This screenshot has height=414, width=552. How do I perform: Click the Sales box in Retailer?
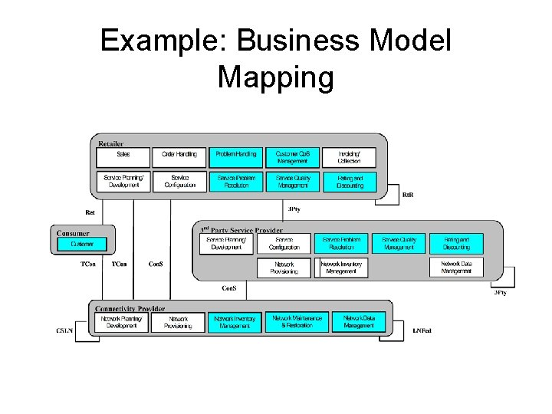tap(123, 157)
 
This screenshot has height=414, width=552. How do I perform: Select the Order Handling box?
tap(179, 157)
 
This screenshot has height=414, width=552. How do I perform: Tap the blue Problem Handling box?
tap(235, 157)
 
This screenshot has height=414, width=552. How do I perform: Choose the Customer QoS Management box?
tap(292, 157)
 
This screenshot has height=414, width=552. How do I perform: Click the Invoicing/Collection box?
tap(349, 157)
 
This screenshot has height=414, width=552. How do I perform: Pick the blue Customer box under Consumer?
tap(82, 245)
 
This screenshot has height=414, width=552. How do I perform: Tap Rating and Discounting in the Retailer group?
tap(349, 182)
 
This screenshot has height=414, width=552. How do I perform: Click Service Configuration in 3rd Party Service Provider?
tap(284, 243)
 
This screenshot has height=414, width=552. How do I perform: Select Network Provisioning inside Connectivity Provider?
tap(178, 322)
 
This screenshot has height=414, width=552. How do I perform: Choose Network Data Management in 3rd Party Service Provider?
tap(456, 267)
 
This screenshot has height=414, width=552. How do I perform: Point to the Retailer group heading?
tap(111, 143)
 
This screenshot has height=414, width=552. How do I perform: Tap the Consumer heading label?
tap(74, 233)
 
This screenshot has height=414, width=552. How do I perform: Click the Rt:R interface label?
tap(408, 195)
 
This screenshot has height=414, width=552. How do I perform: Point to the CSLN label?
tap(64, 330)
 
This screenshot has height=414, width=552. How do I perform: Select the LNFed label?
tap(422, 330)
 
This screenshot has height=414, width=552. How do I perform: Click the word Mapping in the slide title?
tap(275, 77)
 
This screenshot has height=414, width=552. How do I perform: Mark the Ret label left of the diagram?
tap(90, 212)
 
